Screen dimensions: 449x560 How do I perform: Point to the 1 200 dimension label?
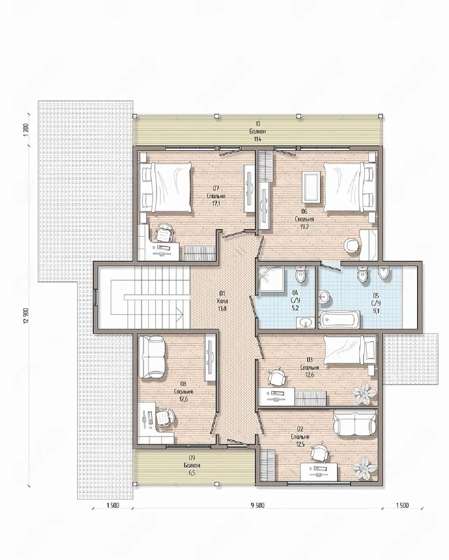26,130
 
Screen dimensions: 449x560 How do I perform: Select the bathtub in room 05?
340,319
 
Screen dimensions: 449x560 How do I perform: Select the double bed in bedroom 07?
166,187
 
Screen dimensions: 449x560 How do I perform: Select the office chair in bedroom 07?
163,232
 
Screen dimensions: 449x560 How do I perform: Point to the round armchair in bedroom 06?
351,245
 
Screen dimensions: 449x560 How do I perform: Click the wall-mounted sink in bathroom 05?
324,297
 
